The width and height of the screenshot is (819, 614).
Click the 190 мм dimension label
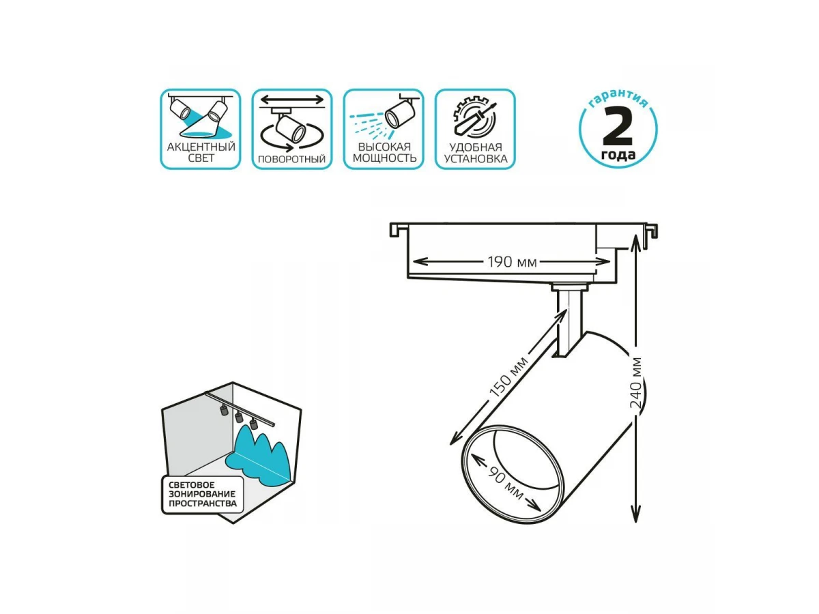point(512,262)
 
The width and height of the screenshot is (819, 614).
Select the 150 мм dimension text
point(508,377)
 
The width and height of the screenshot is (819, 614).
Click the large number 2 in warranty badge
point(618,126)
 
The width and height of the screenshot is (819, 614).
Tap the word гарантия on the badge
point(618,98)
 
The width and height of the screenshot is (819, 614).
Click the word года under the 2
point(618,155)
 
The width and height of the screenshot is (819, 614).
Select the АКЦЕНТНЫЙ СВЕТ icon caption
point(201,152)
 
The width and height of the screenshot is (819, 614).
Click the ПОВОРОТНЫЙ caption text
point(292,159)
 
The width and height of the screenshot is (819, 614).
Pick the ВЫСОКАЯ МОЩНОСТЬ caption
point(384,152)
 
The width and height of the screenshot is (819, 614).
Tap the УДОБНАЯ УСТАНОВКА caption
point(476,153)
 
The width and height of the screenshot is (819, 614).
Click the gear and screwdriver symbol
point(475,118)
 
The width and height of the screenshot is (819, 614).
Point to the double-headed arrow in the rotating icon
point(292,100)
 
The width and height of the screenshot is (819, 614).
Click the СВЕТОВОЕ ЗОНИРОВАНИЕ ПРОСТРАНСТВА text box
point(203,495)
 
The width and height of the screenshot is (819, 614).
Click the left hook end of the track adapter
point(394,229)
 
